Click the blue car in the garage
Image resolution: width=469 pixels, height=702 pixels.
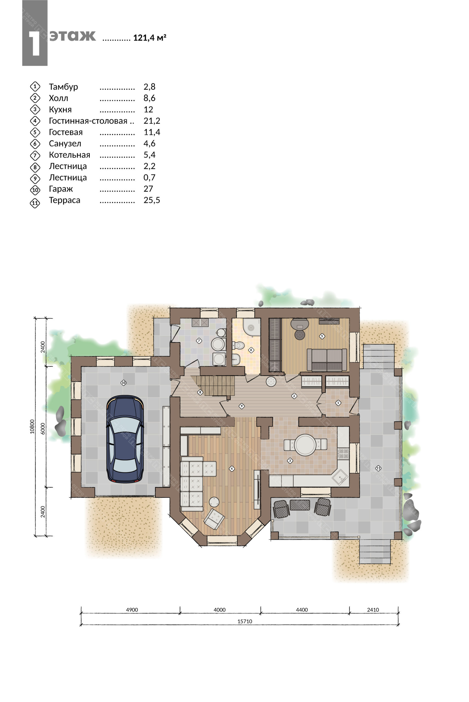click(x=125, y=439)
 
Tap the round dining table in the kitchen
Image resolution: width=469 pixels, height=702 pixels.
click(x=305, y=445)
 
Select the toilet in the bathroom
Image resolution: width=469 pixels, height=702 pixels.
click(x=239, y=346)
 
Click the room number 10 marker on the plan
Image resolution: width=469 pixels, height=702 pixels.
click(x=123, y=383)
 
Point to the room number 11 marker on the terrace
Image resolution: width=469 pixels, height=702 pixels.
click(x=378, y=468)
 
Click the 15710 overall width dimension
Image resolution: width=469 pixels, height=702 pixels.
click(x=245, y=621)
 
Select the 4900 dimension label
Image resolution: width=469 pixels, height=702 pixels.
click(x=132, y=610)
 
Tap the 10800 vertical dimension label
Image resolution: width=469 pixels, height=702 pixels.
click(x=32, y=427)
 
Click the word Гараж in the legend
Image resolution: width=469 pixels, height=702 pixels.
click(x=61, y=189)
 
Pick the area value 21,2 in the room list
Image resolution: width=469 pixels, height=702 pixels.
click(x=152, y=121)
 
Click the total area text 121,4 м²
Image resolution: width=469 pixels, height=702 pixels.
click(x=150, y=38)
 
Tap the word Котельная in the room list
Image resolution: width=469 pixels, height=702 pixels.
click(x=69, y=155)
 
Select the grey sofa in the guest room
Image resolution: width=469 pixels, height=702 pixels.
click(x=327, y=360)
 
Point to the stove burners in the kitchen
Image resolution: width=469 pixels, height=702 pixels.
click(x=343, y=454)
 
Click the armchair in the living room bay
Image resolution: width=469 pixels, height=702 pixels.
click(x=214, y=519)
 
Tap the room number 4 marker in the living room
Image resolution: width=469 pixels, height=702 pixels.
click(x=231, y=469)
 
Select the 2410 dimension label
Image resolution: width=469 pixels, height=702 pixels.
click(x=373, y=610)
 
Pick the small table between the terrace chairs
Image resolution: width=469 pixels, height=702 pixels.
click(x=300, y=505)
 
